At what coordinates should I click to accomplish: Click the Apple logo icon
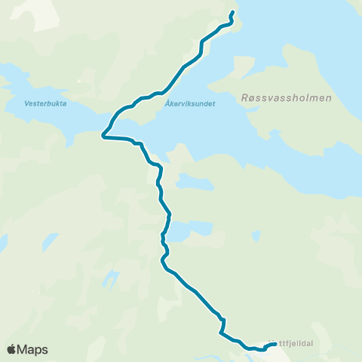click(11, 349)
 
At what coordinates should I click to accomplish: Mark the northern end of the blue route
click(233, 12)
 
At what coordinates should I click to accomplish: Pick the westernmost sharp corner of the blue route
click(103, 137)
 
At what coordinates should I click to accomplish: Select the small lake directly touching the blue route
click(187, 230)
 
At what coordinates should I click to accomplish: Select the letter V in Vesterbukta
click(26, 106)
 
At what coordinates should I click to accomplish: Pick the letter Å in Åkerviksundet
click(165, 106)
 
